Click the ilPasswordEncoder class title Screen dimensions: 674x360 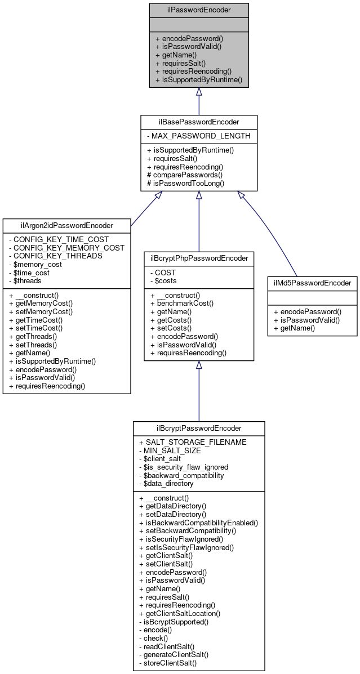(198, 10)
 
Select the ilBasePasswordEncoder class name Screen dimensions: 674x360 (198, 122)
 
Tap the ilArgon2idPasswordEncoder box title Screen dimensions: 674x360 (66, 226)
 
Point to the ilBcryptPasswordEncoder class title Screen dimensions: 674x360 (199, 428)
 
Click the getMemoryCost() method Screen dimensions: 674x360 (49, 303)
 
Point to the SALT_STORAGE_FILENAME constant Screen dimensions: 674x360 (193, 442)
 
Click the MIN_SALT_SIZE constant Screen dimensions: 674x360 (174, 450)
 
